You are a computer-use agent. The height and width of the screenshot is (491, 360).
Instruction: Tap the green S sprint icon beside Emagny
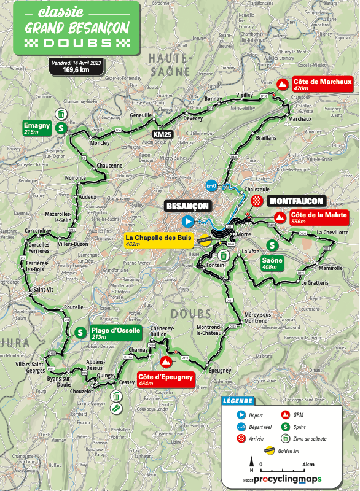[61, 128]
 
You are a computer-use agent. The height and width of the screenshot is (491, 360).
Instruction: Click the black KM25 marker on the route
[162, 134]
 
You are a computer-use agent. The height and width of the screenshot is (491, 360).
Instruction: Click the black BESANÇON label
[187, 206]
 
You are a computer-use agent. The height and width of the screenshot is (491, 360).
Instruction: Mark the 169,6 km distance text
[76, 70]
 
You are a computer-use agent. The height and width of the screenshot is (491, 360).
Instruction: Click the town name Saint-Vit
[44, 289]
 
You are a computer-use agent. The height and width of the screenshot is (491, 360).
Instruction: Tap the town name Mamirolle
[331, 268]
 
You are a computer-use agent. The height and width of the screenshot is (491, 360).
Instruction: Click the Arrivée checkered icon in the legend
[241, 438]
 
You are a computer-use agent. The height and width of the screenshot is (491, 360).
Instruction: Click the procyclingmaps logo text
[288, 479]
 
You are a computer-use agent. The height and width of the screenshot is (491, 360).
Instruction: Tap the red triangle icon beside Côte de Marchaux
[283, 85]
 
